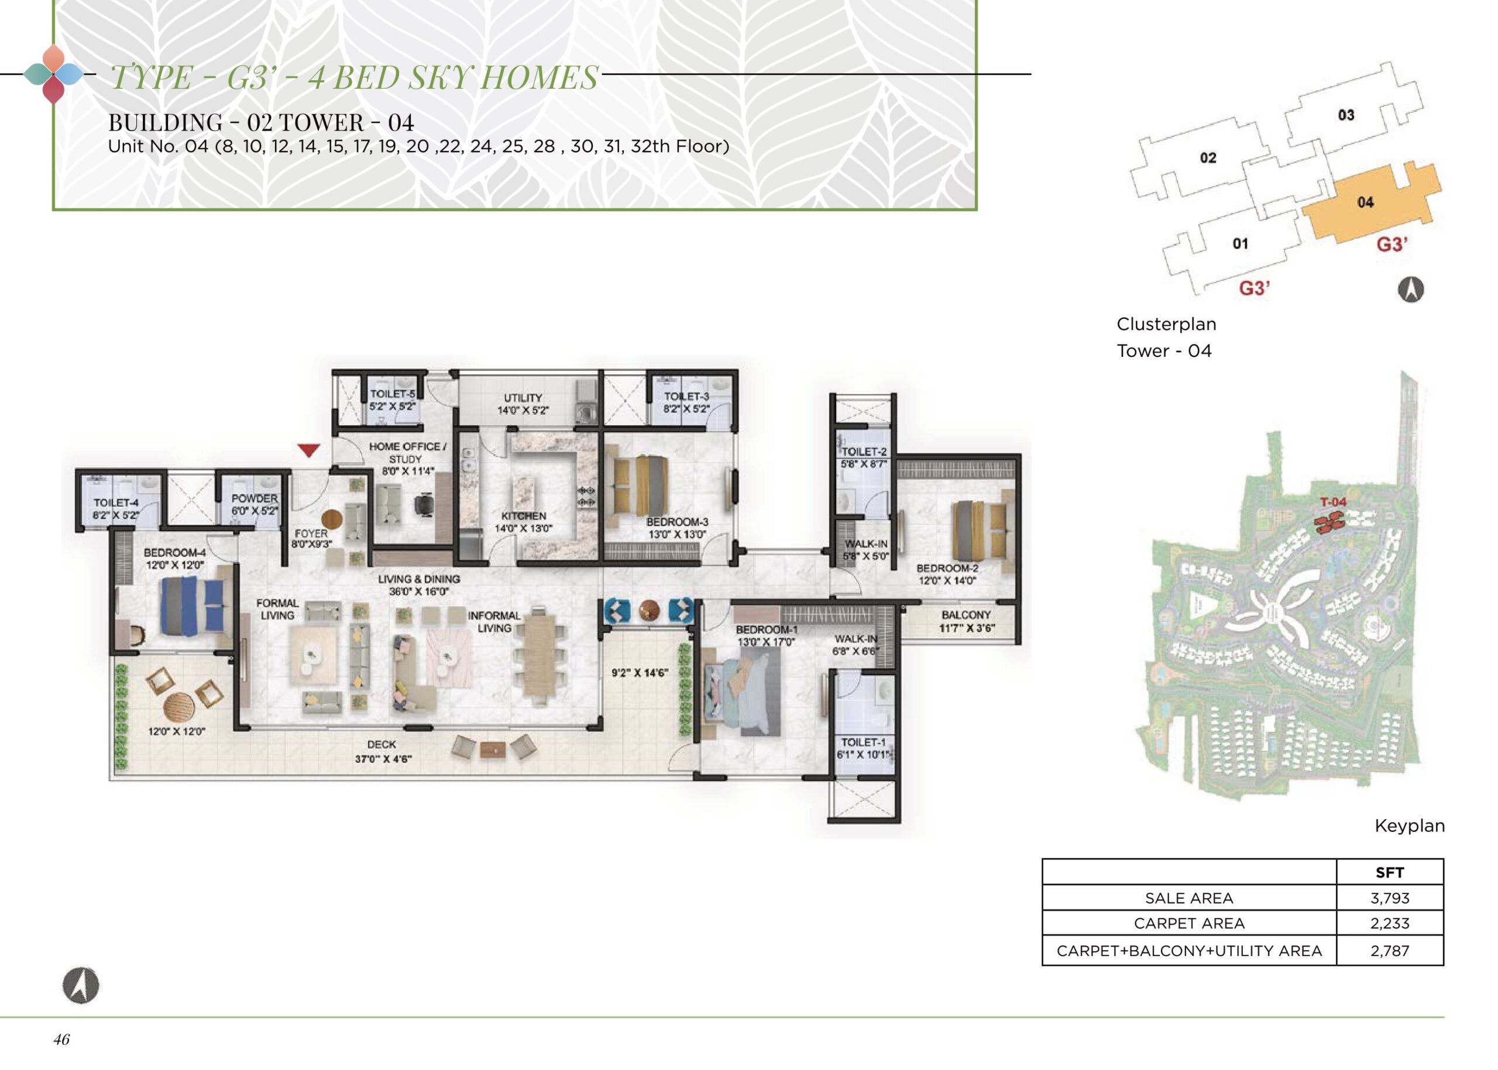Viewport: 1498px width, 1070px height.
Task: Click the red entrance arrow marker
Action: [309, 450]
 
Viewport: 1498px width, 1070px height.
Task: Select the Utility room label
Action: [523, 404]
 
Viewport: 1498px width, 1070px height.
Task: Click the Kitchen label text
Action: [524, 522]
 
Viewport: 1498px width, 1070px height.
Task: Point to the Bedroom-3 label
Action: [677, 528]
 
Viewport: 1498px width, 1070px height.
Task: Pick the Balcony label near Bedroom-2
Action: [966, 621]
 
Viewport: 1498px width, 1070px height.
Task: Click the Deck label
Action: [383, 751]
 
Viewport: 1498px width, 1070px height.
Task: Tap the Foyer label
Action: [311, 538]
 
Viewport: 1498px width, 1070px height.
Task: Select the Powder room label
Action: [255, 504]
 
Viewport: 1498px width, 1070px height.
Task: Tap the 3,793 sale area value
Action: [1389, 898]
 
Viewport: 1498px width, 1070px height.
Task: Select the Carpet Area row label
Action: [1189, 924]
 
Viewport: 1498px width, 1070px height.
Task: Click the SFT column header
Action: [1389, 872]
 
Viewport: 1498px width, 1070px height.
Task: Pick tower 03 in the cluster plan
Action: [1346, 115]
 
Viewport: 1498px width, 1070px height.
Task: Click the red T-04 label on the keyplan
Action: [1333, 502]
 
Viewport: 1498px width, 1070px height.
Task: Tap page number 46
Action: [61, 1040]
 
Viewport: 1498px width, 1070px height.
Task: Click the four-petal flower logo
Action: [54, 74]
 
